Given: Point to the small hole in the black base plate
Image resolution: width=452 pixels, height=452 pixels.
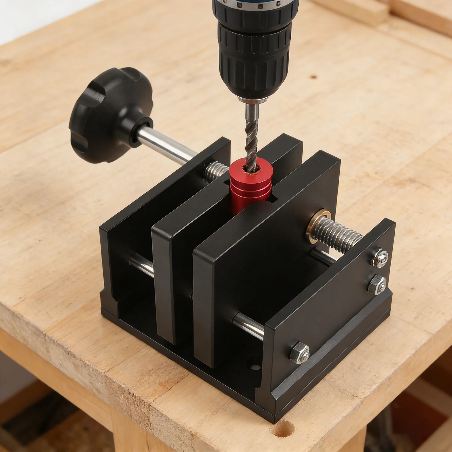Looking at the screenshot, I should pyautogui.click(x=256, y=367).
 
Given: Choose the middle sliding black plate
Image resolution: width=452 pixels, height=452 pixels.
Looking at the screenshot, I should pyautogui.click(x=181, y=254).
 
